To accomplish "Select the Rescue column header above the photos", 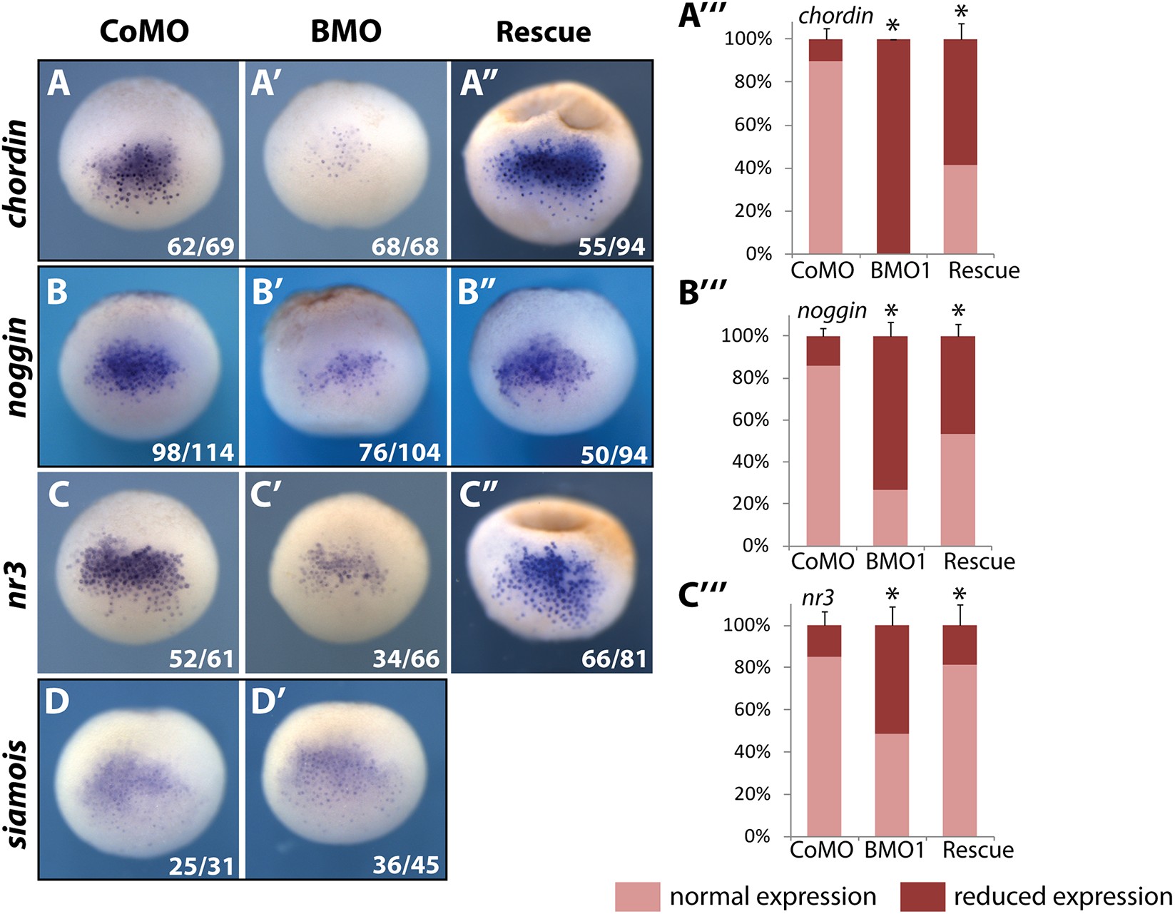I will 544,32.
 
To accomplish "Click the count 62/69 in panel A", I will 200,247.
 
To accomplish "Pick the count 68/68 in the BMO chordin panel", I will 405,247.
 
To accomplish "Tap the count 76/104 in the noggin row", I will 400,452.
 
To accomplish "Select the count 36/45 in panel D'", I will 405,865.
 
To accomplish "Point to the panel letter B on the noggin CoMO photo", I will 57,293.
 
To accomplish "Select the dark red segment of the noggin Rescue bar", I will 957,385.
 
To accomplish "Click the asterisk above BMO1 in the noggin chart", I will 890,312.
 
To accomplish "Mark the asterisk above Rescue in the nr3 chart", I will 960,594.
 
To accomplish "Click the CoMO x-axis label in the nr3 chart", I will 821,850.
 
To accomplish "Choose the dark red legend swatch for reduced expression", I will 922,896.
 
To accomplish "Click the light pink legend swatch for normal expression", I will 637,896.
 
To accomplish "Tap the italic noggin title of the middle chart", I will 832,310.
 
